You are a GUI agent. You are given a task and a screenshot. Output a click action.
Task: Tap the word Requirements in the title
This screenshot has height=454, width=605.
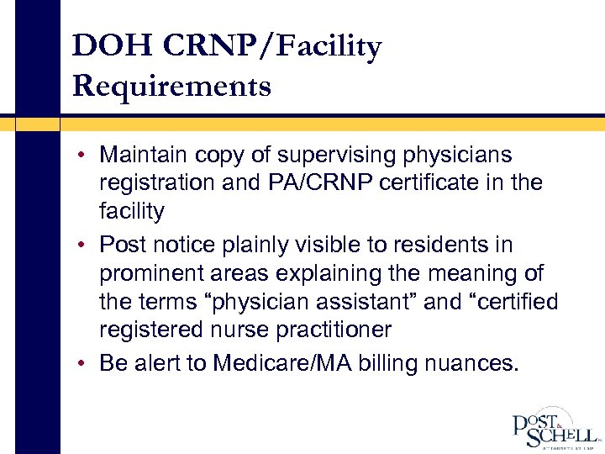coord(172,86)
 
